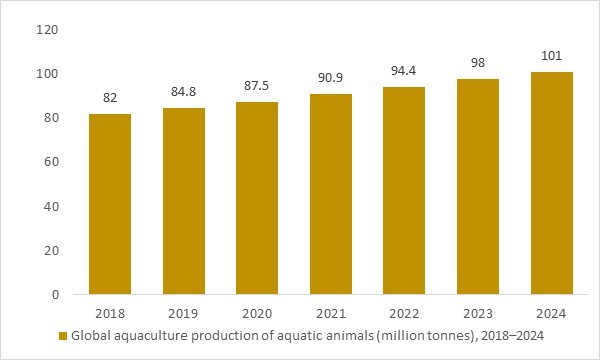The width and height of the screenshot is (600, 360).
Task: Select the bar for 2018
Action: pos(109,204)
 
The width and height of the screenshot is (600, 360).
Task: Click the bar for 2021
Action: pos(331,194)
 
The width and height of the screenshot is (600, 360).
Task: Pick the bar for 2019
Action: pos(183,201)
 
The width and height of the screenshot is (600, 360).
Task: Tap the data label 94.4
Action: pos(405,72)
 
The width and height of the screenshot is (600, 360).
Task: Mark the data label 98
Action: pos(479,64)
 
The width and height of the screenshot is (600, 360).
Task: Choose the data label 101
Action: pos(552,57)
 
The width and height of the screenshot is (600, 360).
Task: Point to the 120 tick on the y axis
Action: pos(47,30)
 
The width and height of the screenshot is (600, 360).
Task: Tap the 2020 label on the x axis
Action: pos(257,311)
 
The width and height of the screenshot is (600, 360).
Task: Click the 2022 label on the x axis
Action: pos(405,311)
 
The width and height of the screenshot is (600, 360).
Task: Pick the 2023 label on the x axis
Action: pos(479,311)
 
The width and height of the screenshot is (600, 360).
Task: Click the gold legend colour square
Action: pos(63,334)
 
